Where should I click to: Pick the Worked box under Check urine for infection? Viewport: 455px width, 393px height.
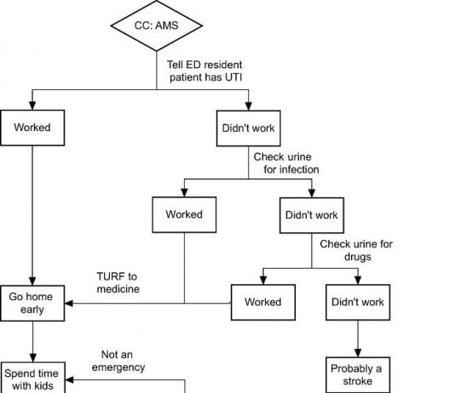pos(184,214)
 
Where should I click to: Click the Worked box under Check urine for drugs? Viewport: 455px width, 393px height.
pos(262,302)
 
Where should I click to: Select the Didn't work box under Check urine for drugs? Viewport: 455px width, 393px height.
pos(357,302)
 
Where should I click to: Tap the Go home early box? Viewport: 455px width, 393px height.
pos(32,303)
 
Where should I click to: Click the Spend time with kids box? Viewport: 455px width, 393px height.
pos(32,379)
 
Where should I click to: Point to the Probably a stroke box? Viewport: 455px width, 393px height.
pos(357,374)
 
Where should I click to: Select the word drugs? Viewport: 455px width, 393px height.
pos(356,256)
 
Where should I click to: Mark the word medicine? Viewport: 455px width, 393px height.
pos(117,289)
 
